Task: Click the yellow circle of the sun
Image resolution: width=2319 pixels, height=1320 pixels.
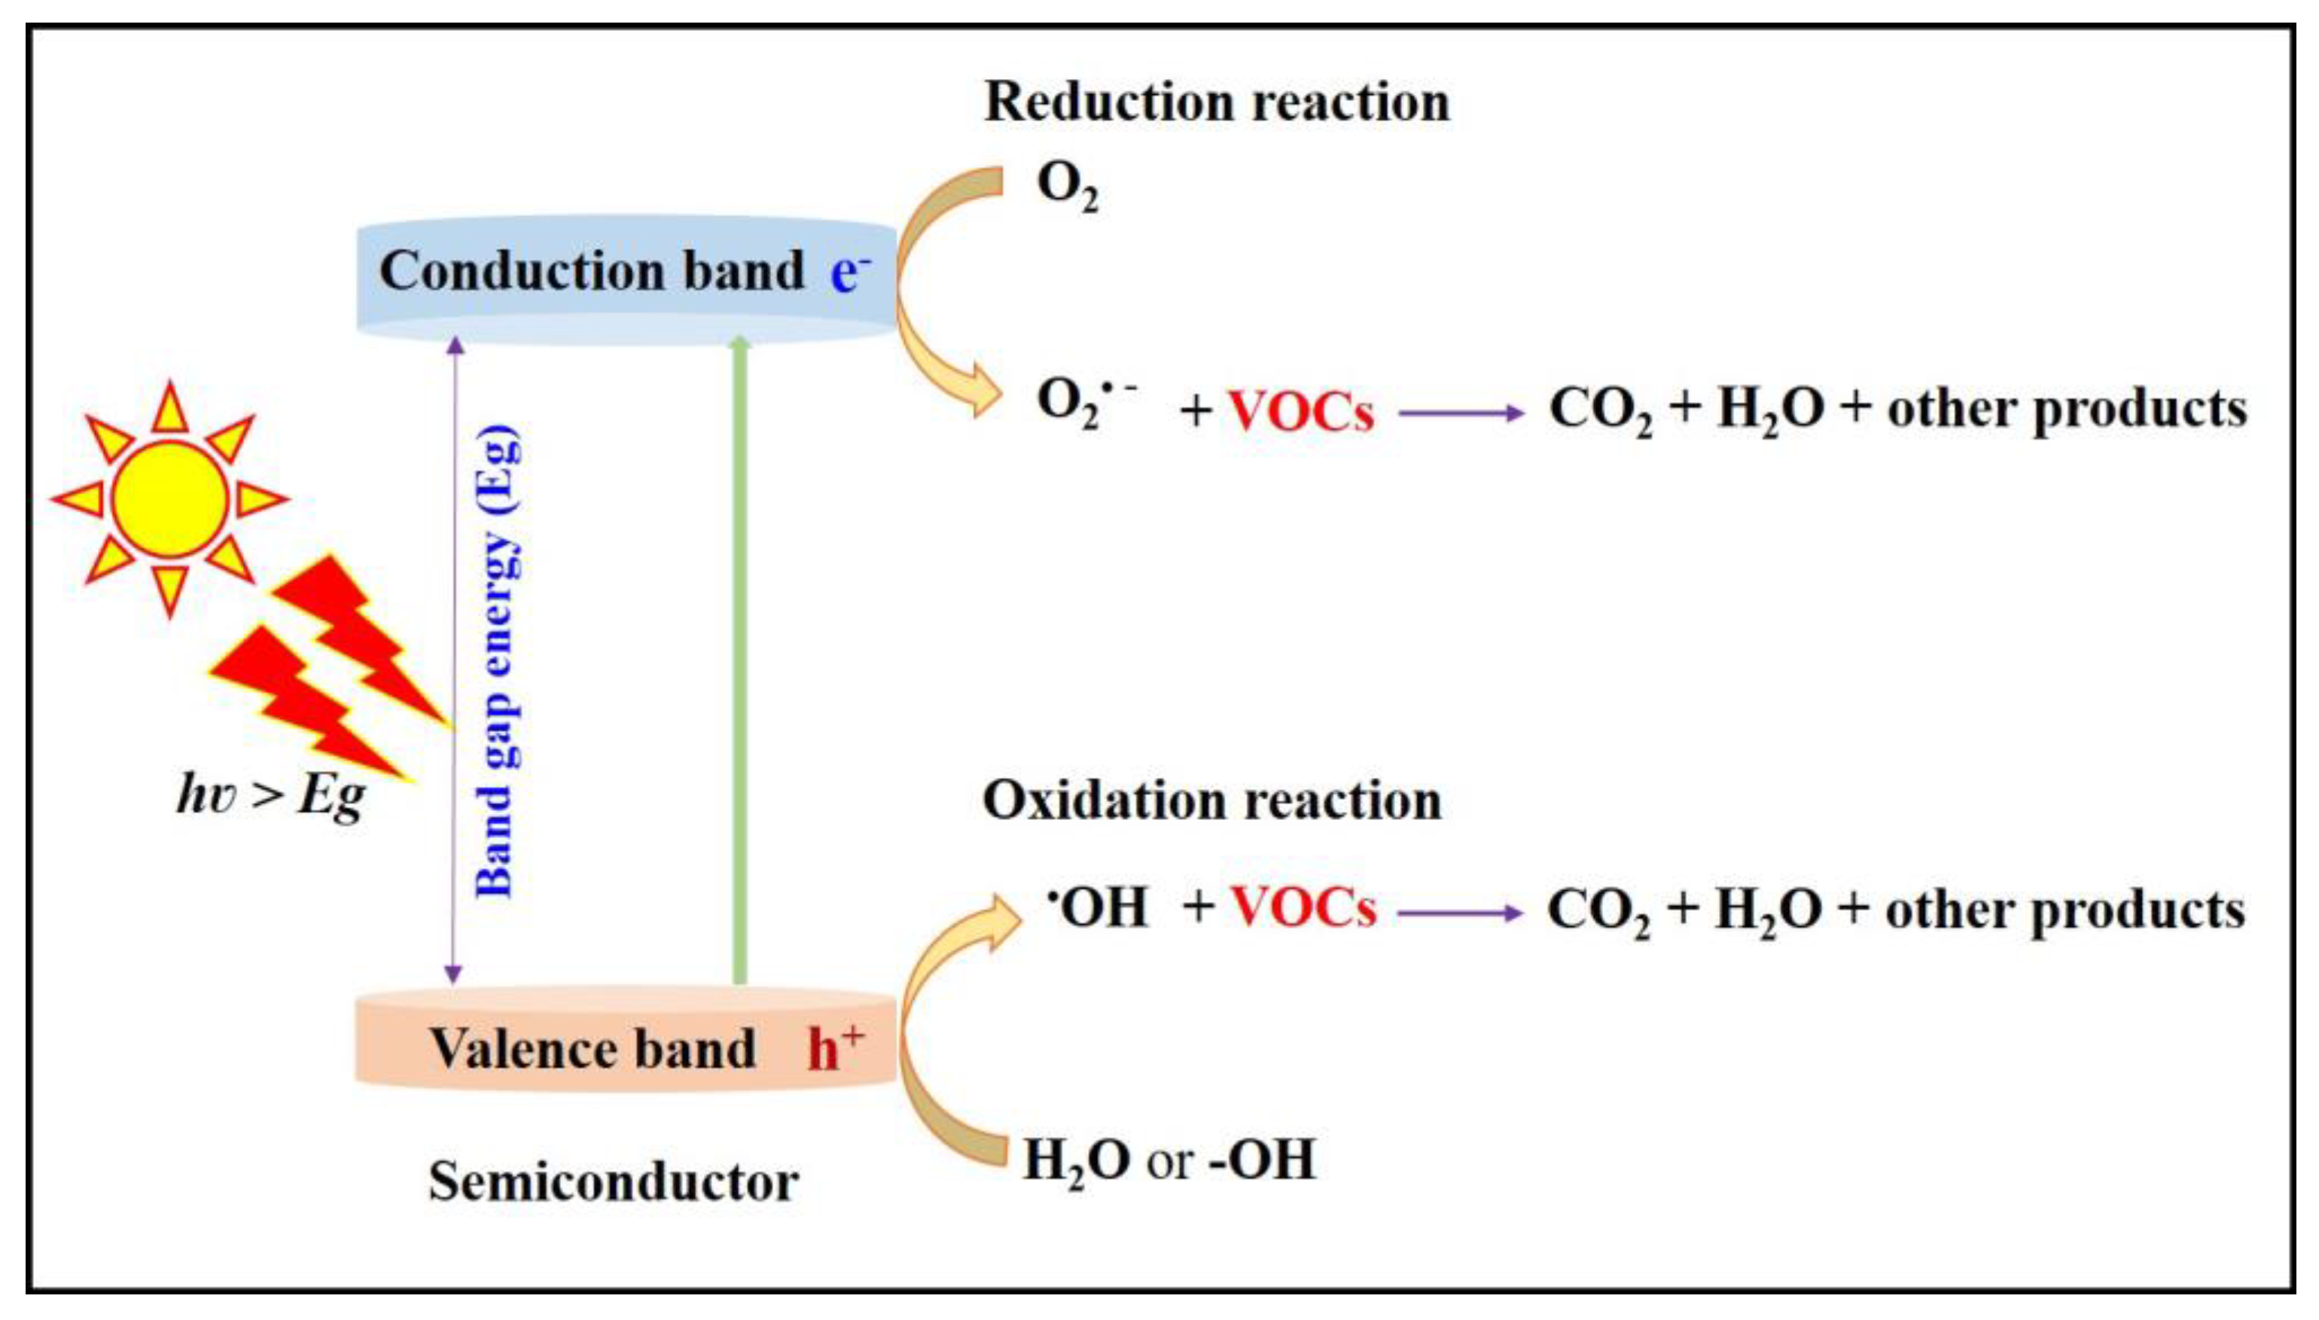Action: coord(170,498)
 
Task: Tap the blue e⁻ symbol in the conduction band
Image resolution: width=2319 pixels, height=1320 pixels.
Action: coord(849,272)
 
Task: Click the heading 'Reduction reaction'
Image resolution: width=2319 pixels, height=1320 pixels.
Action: coord(1216,102)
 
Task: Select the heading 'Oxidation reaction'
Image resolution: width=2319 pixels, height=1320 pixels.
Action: coord(1211,801)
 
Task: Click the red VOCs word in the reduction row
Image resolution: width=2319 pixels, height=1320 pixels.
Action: coord(1300,410)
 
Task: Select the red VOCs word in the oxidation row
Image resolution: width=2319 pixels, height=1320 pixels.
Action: coord(1303,907)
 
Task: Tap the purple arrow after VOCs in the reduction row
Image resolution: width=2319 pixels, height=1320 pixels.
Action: coord(1461,413)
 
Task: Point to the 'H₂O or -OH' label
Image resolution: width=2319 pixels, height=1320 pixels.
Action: coord(1169,1160)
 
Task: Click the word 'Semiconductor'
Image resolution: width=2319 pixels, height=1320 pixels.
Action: coord(614,1182)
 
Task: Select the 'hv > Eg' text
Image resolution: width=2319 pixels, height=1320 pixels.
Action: coord(270,796)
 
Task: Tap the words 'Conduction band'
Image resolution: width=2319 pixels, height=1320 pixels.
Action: coord(592,271)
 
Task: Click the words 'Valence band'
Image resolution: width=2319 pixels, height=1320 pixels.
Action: coord(592,1049)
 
